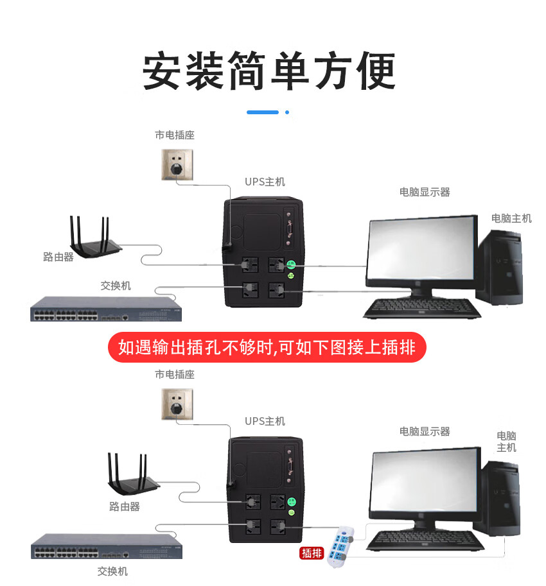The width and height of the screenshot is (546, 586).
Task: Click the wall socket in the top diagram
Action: (177, 164)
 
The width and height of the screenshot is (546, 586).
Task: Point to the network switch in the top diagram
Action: (105, 309)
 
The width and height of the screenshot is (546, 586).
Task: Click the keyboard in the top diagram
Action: (421, 309)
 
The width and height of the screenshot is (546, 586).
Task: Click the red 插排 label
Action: (312, 553)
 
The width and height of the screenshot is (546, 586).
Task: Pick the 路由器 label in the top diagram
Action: (58, 257)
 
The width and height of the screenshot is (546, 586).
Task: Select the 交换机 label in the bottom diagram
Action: (112, 571)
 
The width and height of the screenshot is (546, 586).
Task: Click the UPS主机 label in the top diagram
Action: (265, 182)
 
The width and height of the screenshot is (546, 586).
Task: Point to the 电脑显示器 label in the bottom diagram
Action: (425, 431)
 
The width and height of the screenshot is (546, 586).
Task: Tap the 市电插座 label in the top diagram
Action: (174, 135)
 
